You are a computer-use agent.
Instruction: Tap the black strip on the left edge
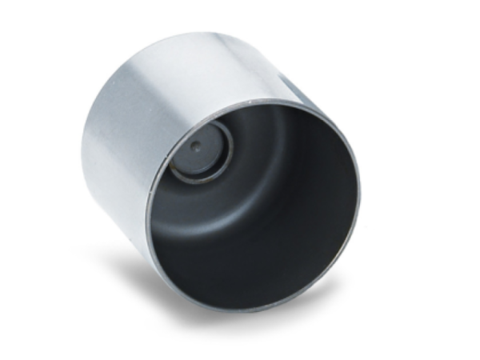(x=19, y=180)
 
